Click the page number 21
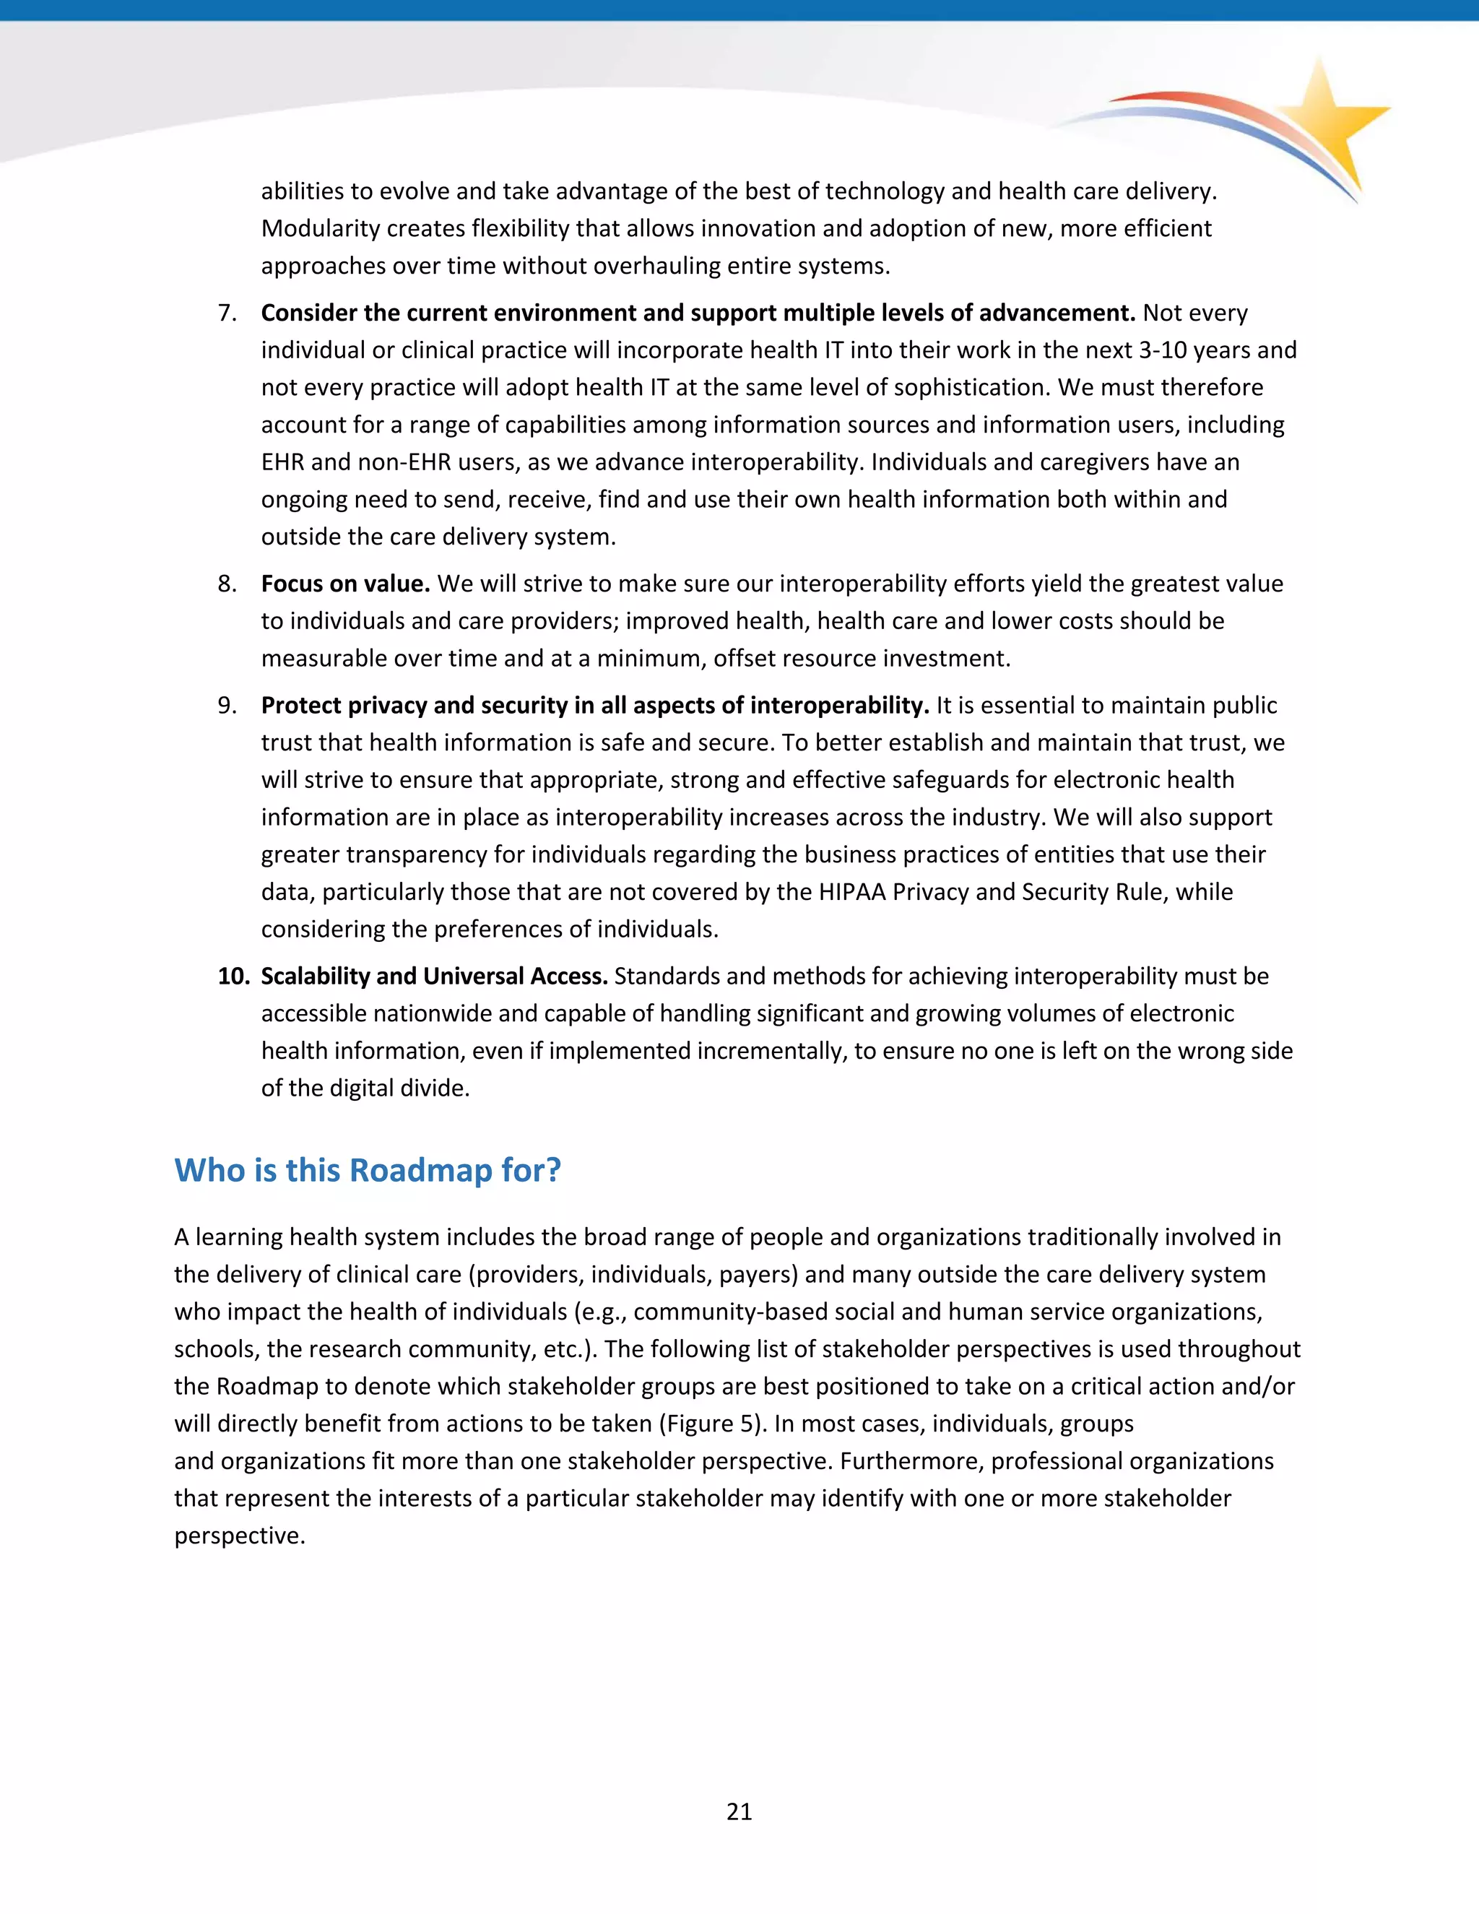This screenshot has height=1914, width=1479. coord(739,1811)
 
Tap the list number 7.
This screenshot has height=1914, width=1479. coord(227,313)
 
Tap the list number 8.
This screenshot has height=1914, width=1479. coord(227,584)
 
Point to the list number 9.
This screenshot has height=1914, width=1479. coord(227,706)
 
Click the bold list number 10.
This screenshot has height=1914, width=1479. coord(234,977)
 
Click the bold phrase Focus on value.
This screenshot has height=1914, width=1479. coord(345,584)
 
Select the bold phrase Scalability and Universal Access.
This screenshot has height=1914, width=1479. coord(434,977)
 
